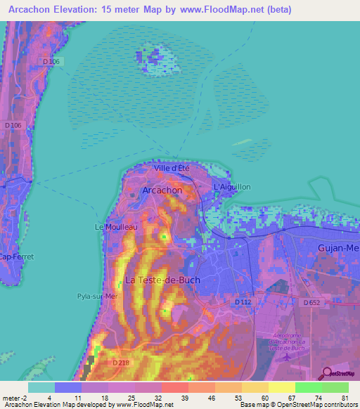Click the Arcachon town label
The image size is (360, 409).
tap(162, 190)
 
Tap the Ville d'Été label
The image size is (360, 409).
tap(172, 168)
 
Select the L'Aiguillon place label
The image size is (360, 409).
tap(231, 187)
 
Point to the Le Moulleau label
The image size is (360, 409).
tap(116, 227)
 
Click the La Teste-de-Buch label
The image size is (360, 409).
tap(162, 280)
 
